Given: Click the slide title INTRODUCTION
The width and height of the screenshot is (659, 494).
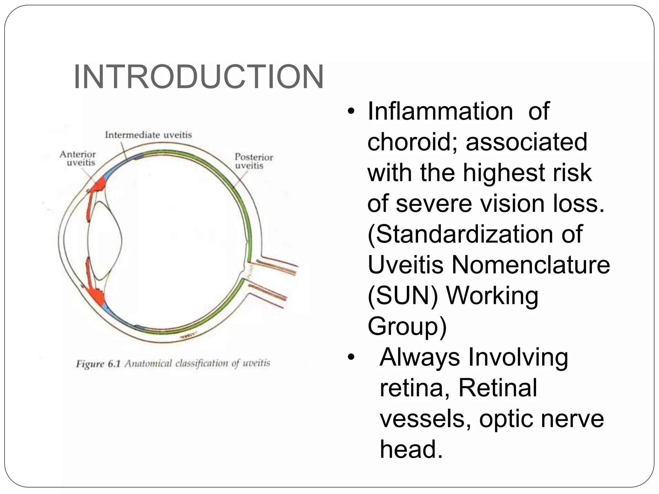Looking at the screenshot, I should (199, 77).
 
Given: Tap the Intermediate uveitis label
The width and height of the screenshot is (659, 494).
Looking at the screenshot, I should (148, 135).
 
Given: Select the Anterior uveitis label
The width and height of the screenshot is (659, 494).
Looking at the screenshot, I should (78, 159).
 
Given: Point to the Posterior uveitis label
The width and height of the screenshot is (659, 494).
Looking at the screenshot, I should (254, 161).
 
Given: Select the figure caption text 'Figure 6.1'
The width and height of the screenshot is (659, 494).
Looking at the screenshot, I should (98, 364).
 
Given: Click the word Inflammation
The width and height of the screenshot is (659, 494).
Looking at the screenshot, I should (440, 111).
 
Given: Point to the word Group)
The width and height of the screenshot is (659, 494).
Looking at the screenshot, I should (407, 326).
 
